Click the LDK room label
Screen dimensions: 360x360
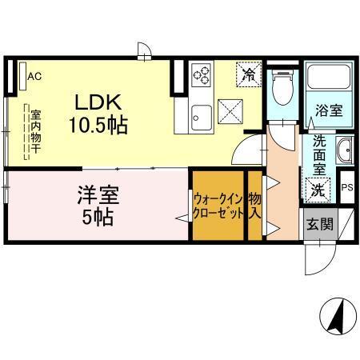(x=98, y=102)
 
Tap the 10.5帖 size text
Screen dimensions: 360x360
(x=98, y=125)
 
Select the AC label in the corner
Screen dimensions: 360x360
(x=34, y=77)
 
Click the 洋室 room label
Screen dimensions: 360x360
(x=94, y=194)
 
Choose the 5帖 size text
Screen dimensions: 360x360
(x=94, y=216)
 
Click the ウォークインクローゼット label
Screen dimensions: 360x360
(x=217, y=206)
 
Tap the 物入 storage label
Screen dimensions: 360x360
(x=254, y=206)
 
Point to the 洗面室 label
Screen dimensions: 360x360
(x=318, y=160)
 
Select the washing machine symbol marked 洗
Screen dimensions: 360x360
(x=318, y=190)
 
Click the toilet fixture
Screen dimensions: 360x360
(x=282, y=88)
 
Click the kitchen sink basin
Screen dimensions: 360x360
(x=198, y=117)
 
